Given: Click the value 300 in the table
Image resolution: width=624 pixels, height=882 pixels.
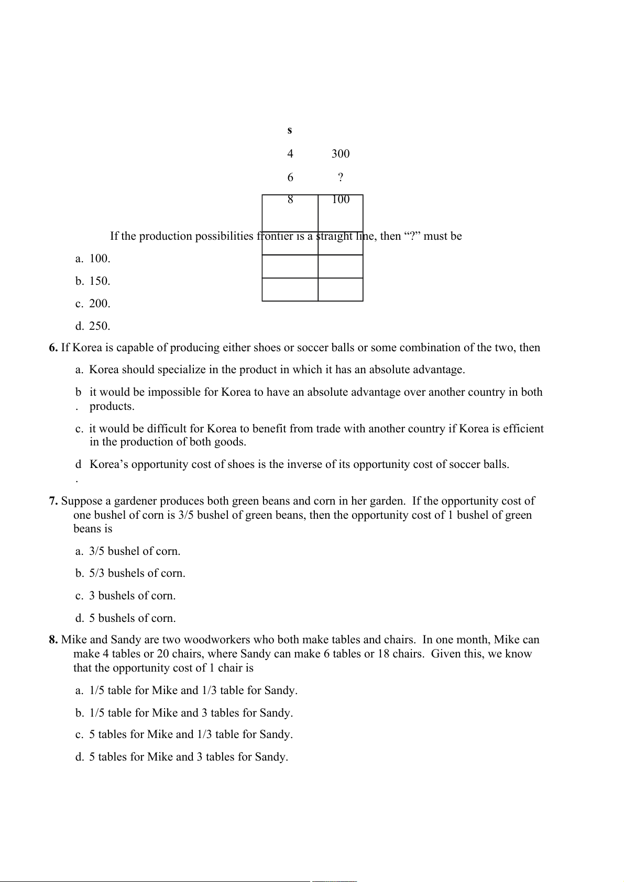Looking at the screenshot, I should click(x=341, y=154).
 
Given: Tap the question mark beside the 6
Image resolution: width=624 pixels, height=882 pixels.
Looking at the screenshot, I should click(x=341, y=177).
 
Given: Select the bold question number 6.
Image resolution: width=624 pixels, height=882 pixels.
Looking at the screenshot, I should click(x=53, y=348).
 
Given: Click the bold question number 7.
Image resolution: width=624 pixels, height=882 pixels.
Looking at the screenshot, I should click(x=53, y=501).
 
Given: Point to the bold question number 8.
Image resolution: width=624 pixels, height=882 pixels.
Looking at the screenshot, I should click(x=53, y=640).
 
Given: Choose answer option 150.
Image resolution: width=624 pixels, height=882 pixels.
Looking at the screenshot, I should click(x=100, y=281).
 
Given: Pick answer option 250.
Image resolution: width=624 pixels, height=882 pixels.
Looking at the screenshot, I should click(x=100, y=326).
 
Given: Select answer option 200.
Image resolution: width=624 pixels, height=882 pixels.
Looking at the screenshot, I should click(x=100, y=304).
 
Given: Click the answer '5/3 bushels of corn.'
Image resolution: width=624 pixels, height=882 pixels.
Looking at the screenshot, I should click(x=137, y=574).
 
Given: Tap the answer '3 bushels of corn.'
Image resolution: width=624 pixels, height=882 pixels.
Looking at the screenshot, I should click(x=132, y=596).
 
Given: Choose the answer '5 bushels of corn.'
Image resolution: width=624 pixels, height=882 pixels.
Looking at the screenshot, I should click(x=132, y=619).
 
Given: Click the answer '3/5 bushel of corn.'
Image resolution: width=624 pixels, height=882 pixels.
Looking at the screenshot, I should click(x=135, y=552).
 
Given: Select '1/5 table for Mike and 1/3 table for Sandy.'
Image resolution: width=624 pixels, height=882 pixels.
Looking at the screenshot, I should click(x=193, y=691).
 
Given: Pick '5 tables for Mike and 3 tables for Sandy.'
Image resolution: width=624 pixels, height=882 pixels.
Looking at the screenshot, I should click(x=188, y=757).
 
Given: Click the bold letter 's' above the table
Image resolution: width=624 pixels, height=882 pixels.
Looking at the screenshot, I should click(x=290, y=130).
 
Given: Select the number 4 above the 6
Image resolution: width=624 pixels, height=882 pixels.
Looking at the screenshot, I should click(x=290, y=154).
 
